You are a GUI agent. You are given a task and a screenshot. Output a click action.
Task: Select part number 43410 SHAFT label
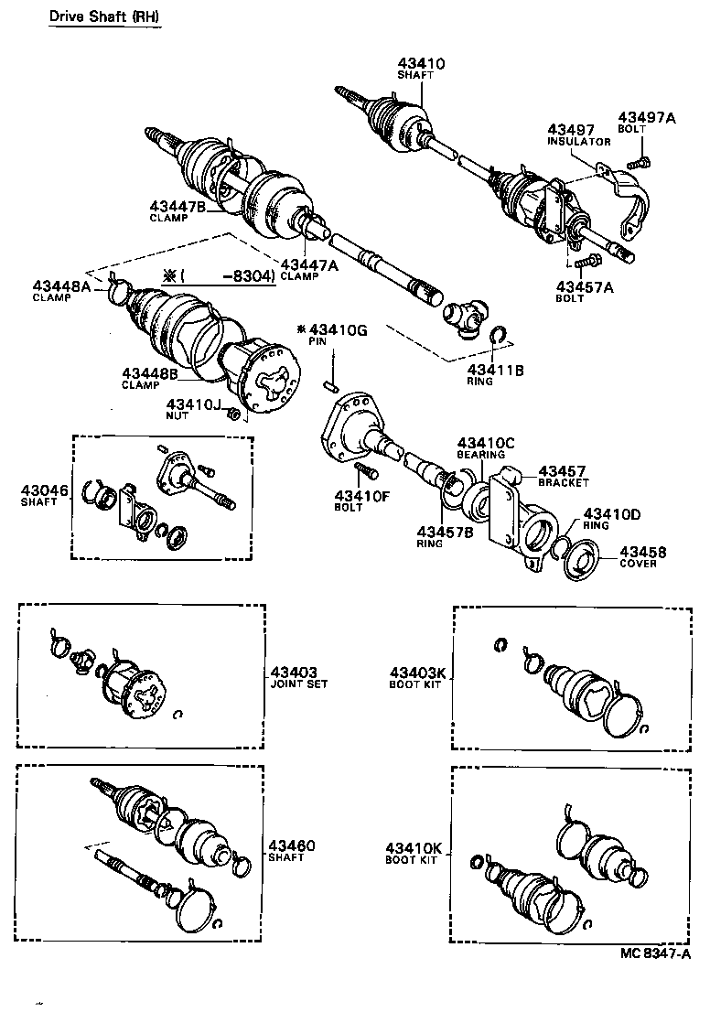tap(421, 69)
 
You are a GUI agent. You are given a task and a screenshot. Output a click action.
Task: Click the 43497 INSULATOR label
tap(578, 135)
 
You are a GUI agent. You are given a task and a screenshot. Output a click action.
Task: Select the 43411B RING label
tap(495, 374)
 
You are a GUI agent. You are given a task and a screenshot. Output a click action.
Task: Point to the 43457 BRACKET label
tap(563, 475)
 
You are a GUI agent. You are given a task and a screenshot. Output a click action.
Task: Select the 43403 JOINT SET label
tap(293, 675)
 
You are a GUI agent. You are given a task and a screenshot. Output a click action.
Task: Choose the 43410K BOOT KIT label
tap(414, 854)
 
